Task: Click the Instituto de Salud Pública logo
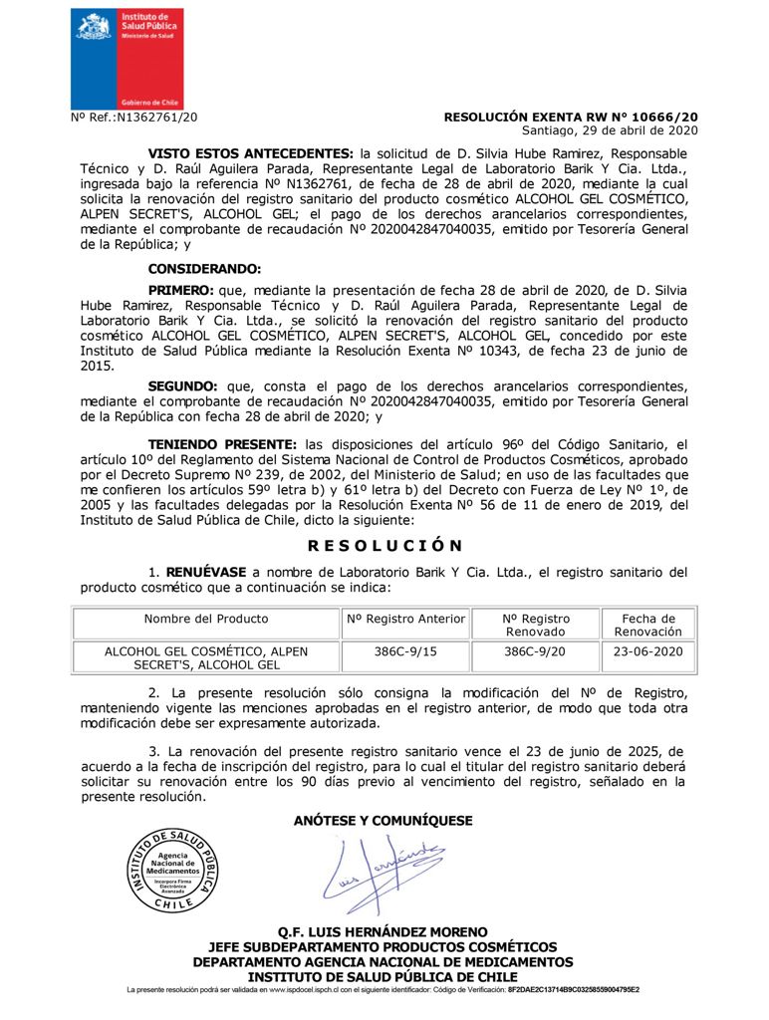(127, 57)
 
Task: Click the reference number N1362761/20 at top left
(134, 118)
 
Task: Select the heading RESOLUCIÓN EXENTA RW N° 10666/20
(570, 117)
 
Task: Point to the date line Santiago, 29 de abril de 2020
(610, 130)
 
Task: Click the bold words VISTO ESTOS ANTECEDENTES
(250, 153)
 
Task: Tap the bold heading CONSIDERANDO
(204, 269)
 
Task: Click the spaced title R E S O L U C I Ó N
(384, 546)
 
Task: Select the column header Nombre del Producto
(206, 619)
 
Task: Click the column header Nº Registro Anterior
(405, 619)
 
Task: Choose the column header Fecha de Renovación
(647, 625)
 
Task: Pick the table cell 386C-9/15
(405, 651)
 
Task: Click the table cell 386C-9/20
(534, 651)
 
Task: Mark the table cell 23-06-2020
(647, 651)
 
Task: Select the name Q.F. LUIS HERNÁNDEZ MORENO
(384, 932)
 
